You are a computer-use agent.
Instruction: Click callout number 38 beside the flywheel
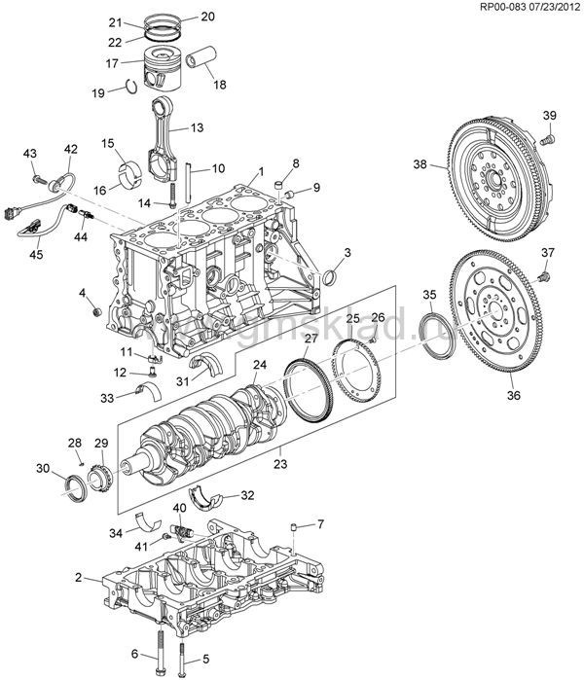point(420,165)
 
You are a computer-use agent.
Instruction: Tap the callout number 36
point(514,395)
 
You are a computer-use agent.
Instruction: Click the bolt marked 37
point(544,278)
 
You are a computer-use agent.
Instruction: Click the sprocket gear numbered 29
point(98,480)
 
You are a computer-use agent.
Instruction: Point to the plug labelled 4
point(96,310)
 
